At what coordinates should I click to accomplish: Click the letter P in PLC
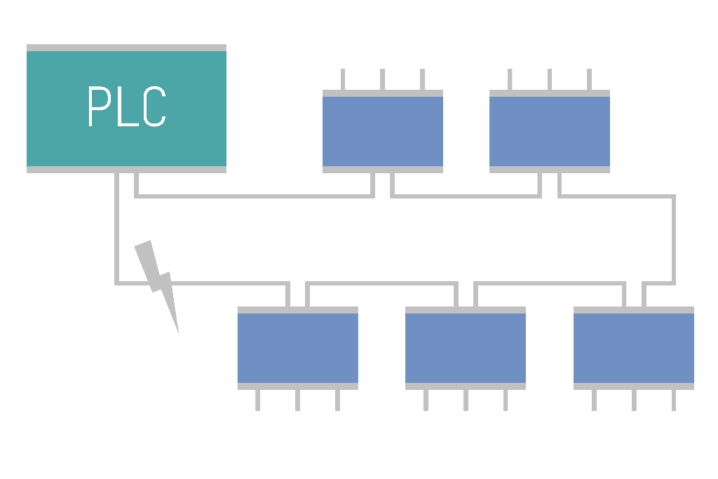click(98, 107)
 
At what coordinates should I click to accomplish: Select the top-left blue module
click(382, 131)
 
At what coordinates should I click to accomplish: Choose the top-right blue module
click(549, 131)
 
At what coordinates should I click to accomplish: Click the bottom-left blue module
click(297, 348)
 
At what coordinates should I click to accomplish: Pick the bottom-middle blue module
click(465, 348)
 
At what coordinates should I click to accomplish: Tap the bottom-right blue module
click(633, 348)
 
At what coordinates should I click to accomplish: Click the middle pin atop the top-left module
click(382, 79)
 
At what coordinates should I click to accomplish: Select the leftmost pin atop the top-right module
click(510, 79)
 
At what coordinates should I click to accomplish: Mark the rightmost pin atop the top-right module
click(589, 79)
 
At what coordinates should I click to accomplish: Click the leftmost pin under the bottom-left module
click(257, 400)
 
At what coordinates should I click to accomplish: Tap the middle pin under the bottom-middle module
click(465, 400)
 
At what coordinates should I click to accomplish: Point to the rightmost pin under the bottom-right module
click(673, 400)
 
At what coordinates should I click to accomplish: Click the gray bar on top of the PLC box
click(126, 48)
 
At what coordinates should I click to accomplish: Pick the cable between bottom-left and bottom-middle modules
click(382, 283)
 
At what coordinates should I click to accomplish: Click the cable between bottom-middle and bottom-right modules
click(550, 283)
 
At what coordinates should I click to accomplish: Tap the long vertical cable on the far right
click(674, 238)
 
